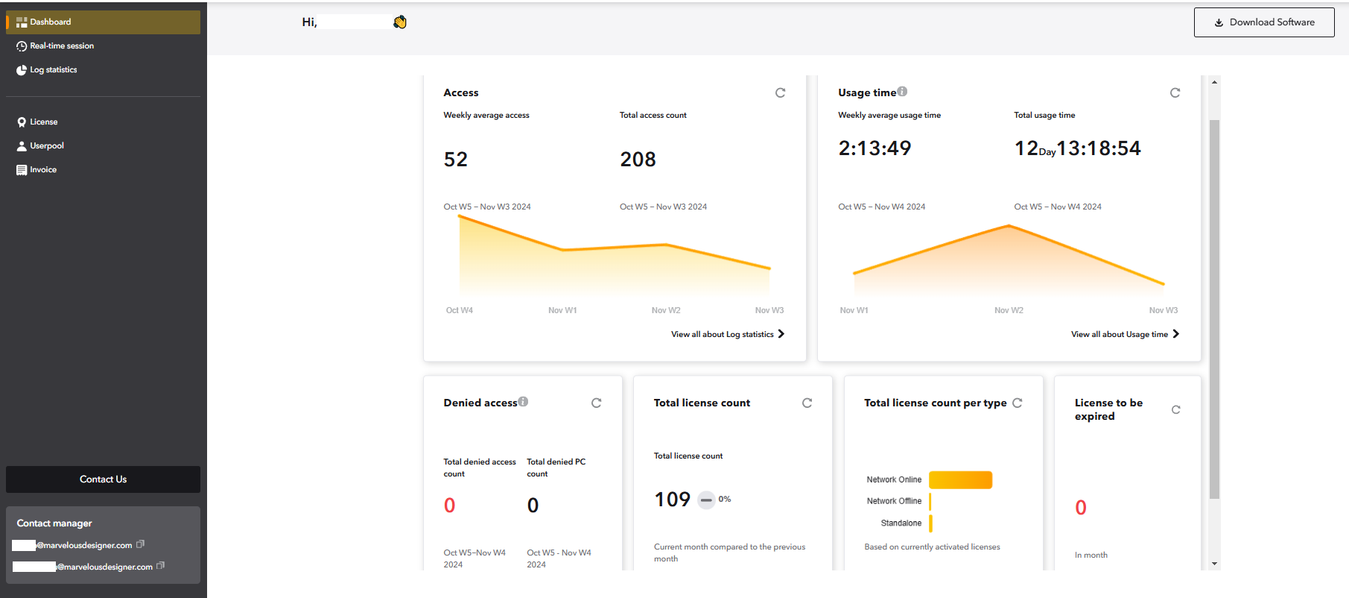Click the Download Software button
point(1263,22)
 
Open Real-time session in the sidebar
point(61,46)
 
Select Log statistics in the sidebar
point(53,70)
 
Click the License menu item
point(43,122)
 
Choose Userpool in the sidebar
point(46,146)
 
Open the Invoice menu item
point(42,170)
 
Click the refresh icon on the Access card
point(780,93)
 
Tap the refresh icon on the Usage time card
point(1175,93)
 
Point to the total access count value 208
point(638,160)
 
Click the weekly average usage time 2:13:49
point(875,148)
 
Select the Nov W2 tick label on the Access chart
point(665,311)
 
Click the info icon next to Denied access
point(524,402)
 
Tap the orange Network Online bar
point(960,480)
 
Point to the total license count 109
point(672,500)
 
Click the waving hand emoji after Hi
point(400,22)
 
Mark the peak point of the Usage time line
point(1009,226)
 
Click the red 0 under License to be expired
point(1080,508)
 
